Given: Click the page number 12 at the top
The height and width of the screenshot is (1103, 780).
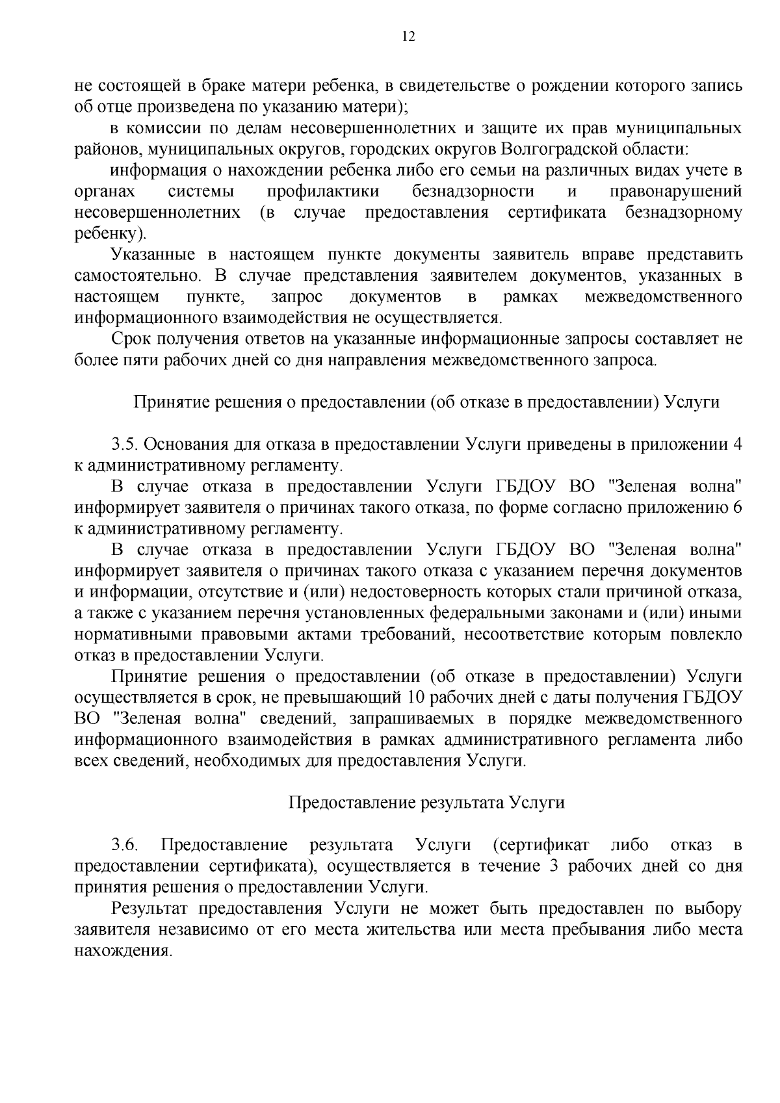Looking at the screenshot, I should [409, 36].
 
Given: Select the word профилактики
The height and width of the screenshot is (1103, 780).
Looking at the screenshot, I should [323, 192].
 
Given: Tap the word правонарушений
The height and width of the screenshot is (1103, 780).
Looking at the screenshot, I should [676, 192].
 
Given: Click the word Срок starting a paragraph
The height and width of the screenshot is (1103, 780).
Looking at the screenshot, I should [132, 339].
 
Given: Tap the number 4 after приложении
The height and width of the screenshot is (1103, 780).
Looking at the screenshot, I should [737, 445].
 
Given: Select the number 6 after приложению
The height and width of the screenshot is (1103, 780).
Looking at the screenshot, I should [737, 508].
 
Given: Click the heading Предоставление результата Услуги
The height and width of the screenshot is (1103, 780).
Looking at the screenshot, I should [426, 803].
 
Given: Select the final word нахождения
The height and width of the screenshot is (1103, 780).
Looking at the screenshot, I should [123, 951].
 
